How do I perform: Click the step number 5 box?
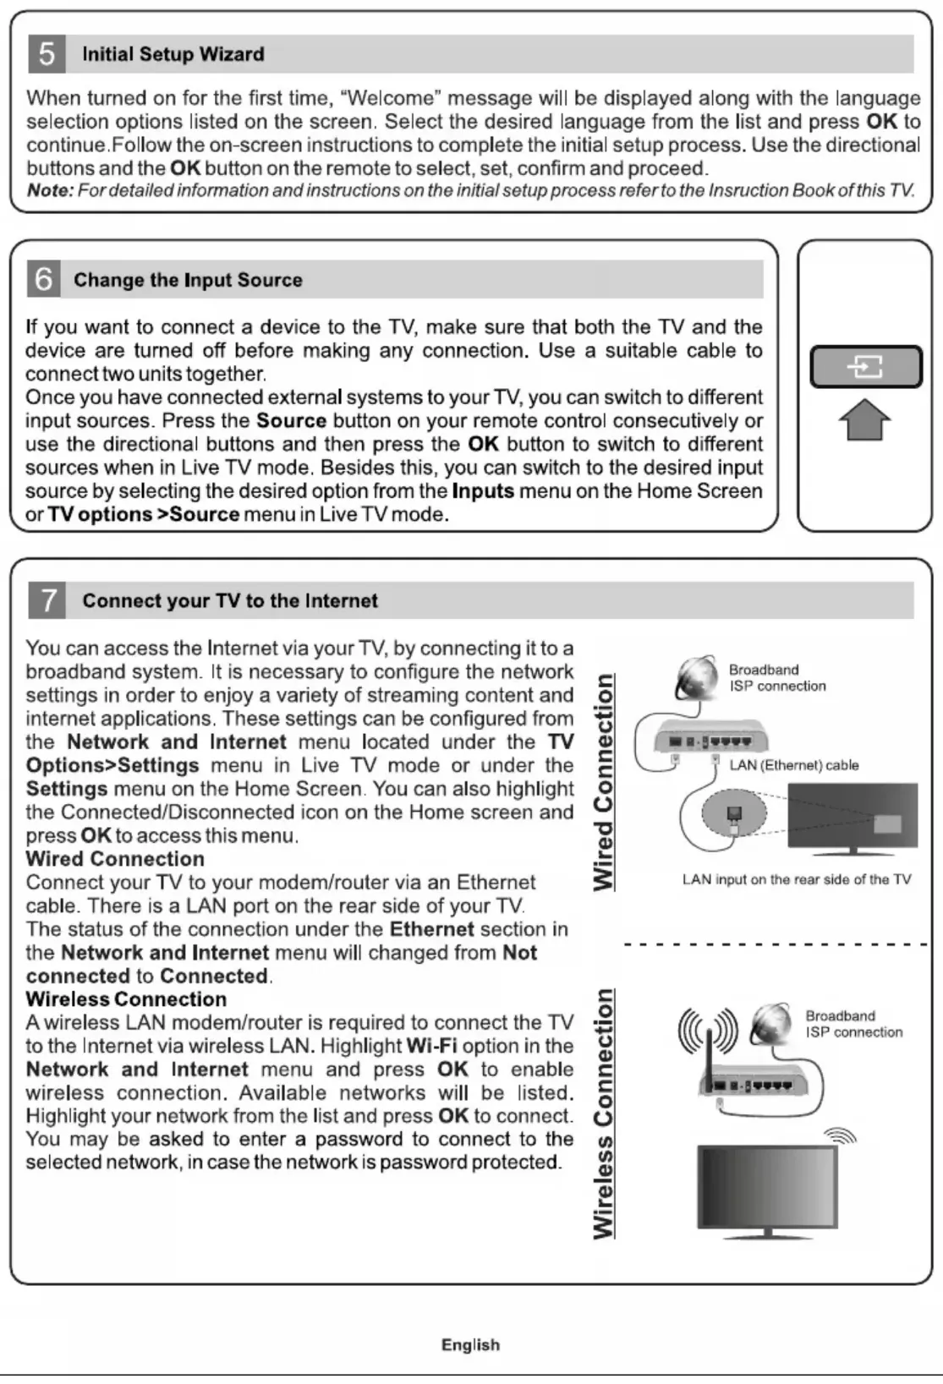tap(47, 54)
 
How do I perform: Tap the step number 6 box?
tap(44, 279)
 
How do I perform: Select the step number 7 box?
tap(47, 600)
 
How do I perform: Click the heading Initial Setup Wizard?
tap(173, 54)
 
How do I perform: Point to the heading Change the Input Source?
tap(188, 280)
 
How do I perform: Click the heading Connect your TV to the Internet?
tap(230, 601)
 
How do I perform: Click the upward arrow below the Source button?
tap(865, 419)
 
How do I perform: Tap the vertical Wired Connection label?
tap(604, 782)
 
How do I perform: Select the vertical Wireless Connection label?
tap(604, 1113)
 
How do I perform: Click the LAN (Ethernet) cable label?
tap(794, 765)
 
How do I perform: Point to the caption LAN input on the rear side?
tap(797, 879)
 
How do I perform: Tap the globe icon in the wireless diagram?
tap(770, 1024)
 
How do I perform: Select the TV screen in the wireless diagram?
tap(766, 1183)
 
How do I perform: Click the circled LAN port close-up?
tap(734, 814)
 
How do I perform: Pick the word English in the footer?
tap(470, 1345)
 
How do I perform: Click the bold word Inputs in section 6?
tap(483, 491)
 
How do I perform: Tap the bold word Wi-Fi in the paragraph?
tap(431, 1046)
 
